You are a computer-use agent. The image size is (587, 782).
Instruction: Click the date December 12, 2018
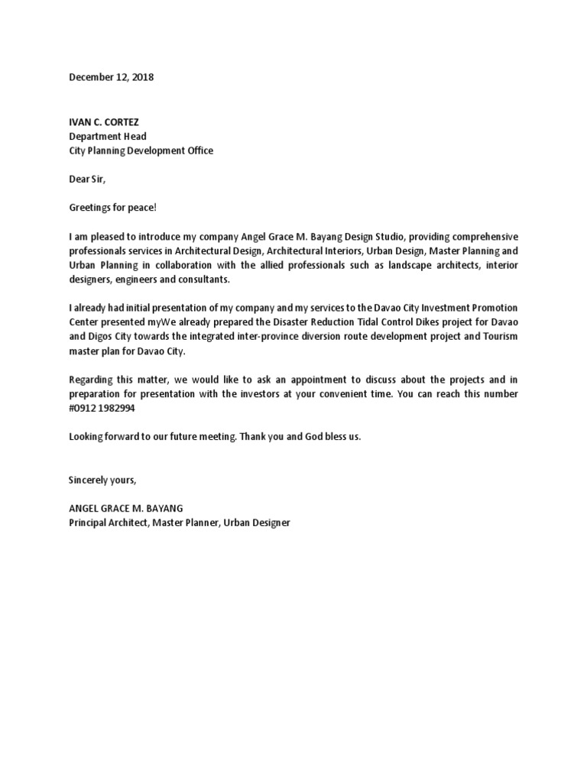pos(112,77)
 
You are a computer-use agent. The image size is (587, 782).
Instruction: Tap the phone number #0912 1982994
pos(105,409)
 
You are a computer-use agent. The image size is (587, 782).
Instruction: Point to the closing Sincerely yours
pos(102,480)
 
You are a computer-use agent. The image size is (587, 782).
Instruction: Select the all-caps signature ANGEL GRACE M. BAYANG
pos(126,509)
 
